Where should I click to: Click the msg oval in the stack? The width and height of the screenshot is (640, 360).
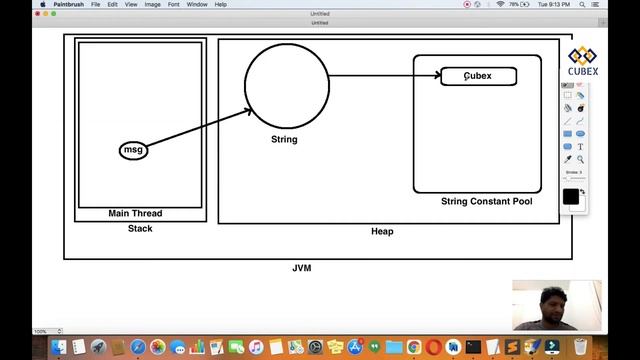tap(134, 150)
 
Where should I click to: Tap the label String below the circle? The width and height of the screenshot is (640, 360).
tap(284, 140)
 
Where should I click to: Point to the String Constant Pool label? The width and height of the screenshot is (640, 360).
tap(486, 202)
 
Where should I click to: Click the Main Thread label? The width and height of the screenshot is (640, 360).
tap(135, 214)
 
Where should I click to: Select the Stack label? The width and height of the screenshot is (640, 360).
tap(140, 229)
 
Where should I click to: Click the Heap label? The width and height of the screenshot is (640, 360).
tap(382, 232)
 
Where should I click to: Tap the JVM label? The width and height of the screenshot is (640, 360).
tap(302, 269)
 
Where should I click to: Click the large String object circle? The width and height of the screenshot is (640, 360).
tap(287, 86)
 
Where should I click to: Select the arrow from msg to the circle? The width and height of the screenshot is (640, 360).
tap(195, 129)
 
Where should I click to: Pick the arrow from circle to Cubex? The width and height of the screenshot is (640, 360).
tap(385, 74)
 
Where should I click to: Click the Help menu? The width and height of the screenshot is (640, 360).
tap(220, 4)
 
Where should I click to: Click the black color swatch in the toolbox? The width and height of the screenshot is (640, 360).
tap(570, 197)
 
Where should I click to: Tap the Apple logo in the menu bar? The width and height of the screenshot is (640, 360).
tap(42, 4)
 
